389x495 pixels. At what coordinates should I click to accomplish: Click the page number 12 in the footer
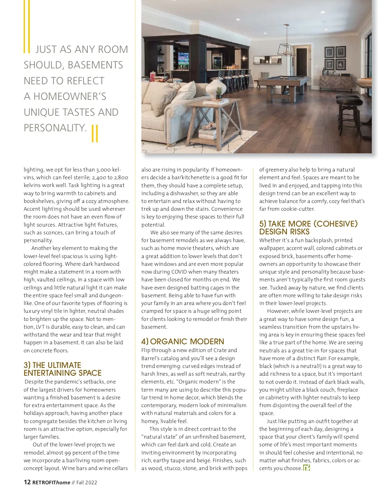pos(27,482)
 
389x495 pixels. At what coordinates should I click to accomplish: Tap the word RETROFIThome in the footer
pos(51,482)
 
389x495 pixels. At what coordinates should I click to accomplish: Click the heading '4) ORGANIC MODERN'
pos(183,341)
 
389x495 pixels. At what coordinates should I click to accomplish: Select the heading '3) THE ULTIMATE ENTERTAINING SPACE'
pos(62,369)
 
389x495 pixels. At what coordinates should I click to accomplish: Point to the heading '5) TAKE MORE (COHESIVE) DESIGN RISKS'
pos(308,228)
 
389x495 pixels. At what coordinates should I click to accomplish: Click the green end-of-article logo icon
pos(306,468)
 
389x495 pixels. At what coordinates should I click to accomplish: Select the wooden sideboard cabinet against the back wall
pos(336,83)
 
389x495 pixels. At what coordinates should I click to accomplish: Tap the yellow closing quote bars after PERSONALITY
pos(95,134)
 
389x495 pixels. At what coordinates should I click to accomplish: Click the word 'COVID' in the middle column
pos(179,272)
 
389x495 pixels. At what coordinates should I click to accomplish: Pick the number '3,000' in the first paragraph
pos(101,170)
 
